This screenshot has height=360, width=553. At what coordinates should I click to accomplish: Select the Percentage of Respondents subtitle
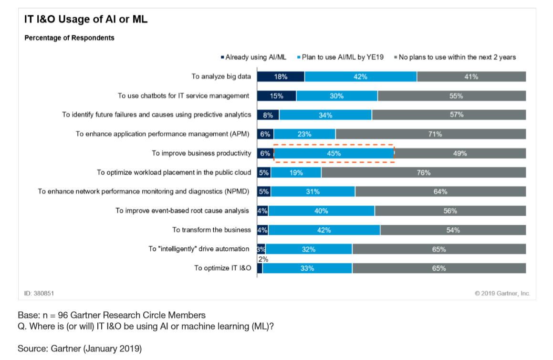[x=69, y=38]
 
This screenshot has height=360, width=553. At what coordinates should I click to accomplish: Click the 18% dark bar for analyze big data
[x=281, y=77]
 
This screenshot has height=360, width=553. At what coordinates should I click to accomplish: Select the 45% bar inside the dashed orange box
[x=334, y=154]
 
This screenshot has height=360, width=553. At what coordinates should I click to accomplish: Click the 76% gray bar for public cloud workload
[x=423, y=173]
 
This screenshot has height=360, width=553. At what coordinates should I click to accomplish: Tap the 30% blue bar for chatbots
[x=336, y=96]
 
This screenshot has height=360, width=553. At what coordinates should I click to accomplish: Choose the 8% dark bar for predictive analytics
[x=268, y=115]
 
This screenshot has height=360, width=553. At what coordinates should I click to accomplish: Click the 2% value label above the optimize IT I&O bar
[x=262, y=259]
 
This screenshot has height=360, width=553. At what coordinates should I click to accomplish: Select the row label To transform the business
[x=211, y=230]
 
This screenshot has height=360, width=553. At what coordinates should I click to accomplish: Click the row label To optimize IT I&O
[x=222, y=268]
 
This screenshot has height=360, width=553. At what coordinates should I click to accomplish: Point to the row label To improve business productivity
[x=201, y=154]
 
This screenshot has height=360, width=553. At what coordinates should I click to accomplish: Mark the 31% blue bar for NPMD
[x=313, y=192]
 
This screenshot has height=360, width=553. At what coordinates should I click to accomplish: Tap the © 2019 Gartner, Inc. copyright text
[x=502, y=293]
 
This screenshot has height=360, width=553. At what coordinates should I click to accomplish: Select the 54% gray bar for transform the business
[x=453, y=230]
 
